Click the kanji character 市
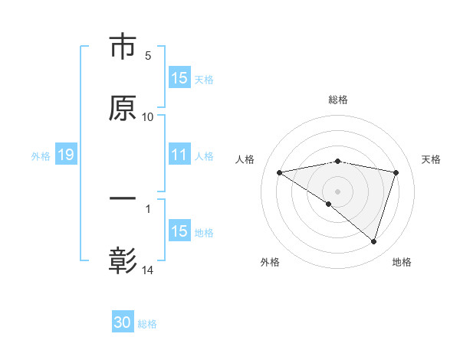point(123,47)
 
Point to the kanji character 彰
point(123,260)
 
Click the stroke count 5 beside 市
point(148,56)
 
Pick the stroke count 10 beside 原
point(148,117)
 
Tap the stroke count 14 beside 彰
point(148,270)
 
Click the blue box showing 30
point(123,323)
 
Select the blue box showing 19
point(65,155)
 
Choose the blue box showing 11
point(179,155)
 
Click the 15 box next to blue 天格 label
point(179,78)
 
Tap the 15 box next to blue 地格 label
point(179,231)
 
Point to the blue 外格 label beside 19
point(41,156)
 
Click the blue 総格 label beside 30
point(147,324)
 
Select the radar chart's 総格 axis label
point(338,100)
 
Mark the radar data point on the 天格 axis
point(396,172)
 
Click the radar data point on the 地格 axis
point(374,241)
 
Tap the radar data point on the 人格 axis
point(280,172)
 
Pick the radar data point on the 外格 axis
point(329,204)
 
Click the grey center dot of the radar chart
point(338,191)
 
